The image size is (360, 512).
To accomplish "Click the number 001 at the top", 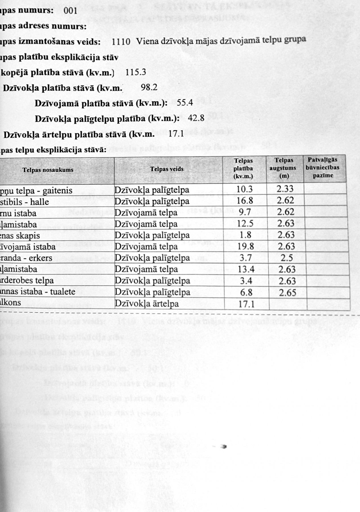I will pos(71,11).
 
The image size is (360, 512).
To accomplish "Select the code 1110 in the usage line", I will pos(121,42).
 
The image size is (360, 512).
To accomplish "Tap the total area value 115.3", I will pos(136,72).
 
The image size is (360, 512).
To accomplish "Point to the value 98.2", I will pos(149,87).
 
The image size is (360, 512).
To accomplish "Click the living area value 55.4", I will pos(185,102).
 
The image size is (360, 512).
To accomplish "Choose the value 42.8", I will pos(196,118).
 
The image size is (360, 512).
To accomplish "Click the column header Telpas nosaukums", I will pos(48,170).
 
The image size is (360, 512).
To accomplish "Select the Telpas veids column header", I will pos(167,169).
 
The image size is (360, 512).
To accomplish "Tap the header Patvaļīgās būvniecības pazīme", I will pos(323,168).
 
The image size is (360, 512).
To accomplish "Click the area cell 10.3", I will pos(245,189).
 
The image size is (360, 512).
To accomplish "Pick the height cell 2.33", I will pos(285,189).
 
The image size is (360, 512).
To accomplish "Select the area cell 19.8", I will pos(245,246).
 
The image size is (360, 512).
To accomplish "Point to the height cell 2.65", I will pos(287,293).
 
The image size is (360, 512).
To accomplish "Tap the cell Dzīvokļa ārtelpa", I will pos(147,304).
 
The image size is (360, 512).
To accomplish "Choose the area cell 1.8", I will pos(246,235).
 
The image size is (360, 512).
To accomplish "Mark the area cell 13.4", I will pos(246,269).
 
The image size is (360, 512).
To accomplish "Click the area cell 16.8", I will pos(245,201).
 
